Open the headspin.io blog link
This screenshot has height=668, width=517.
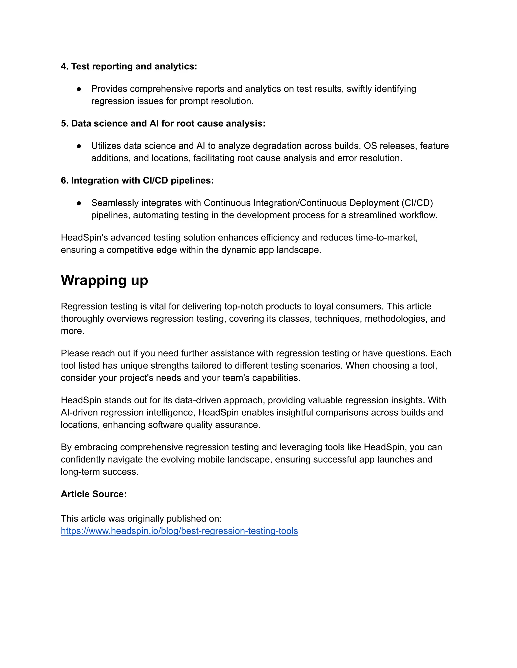tap(179, 531)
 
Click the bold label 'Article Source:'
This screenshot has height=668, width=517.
tap(93, 494)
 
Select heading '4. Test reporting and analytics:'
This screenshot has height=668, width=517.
tap(129, 66)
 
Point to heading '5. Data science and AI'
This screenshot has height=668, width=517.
tap(163, 124)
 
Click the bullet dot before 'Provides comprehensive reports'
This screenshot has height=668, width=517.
tap(79, 89)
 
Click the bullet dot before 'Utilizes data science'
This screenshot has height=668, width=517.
tap(79, 146)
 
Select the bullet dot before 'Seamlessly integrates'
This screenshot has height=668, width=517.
tap(79, 203)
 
